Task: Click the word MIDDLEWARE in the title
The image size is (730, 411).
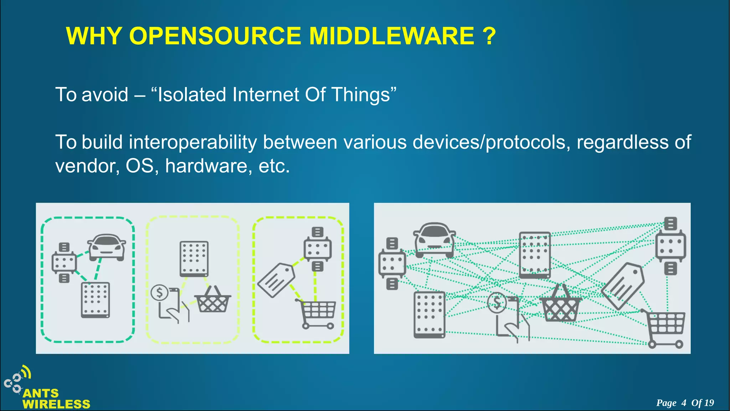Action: tap(391, 36)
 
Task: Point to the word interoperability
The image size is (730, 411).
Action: tap(192, 142)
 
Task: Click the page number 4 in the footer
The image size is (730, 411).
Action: tap(683, 403)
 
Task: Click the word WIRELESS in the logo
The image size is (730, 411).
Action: tap(56, 404)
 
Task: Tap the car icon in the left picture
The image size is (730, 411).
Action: tap(107, 247)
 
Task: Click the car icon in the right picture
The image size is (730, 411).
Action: tap(434, 239)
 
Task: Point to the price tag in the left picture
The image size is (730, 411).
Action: tap(276, 280)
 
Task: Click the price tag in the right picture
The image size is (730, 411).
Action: tap(623, 285)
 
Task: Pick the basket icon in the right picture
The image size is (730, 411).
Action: tap(560, 304)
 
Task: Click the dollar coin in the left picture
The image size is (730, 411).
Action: tap(159, 293)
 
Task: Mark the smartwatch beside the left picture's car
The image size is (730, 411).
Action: tap(64, 263)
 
